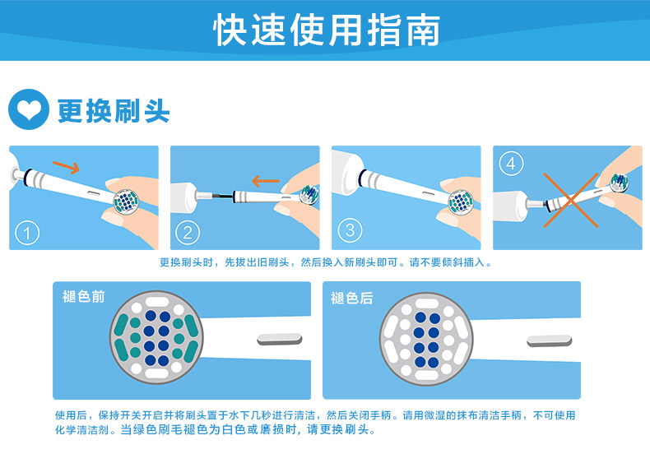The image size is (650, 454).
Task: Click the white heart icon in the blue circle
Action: pos(29,109)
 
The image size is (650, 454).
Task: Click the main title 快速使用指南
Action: pos(327,30)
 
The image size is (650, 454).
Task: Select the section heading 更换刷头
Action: pos(114,110)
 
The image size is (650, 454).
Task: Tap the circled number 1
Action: pos(27,233)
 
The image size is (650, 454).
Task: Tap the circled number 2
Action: pos(188,233)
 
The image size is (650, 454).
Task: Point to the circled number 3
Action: pos(350,230)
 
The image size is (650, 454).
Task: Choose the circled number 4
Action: pos(511,163)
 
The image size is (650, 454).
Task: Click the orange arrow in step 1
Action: pos(67,166)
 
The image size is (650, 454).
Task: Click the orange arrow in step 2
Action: pos(265,181)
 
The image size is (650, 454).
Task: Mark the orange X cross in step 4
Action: pos(571,200)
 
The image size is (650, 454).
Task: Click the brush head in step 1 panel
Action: pos(126,201)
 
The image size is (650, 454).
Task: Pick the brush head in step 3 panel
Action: pos(461,202)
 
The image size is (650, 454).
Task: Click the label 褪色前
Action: pos(83,297)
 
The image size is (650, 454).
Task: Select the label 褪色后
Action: pos(351,298)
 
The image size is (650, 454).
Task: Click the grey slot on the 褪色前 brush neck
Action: pos(280,339)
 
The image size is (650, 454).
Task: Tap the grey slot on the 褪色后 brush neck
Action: pos(550,341)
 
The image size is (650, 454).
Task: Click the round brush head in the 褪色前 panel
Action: pos(156,337)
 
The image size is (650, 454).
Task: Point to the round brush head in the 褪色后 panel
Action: pos(426,339)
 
